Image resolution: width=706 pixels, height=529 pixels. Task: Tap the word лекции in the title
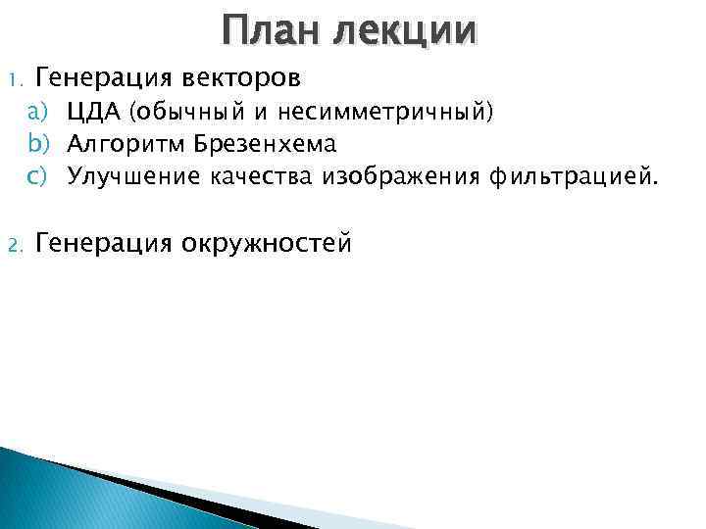pos(406,31)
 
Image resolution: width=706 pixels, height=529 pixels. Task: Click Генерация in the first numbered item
pos(99,76)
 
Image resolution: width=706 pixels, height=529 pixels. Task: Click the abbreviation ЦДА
pos(93,113)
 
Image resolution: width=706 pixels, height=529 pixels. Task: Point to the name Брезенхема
pos(265,145)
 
